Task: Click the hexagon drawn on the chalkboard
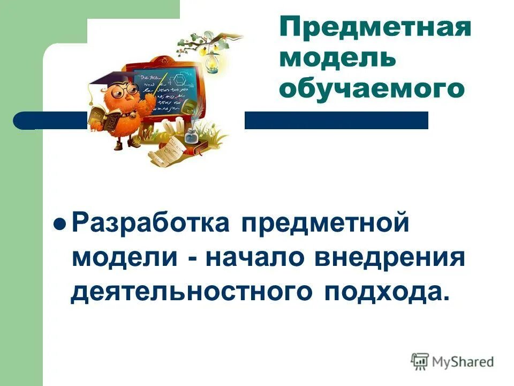coord(179,80)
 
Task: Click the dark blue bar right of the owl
coord(336,120)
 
